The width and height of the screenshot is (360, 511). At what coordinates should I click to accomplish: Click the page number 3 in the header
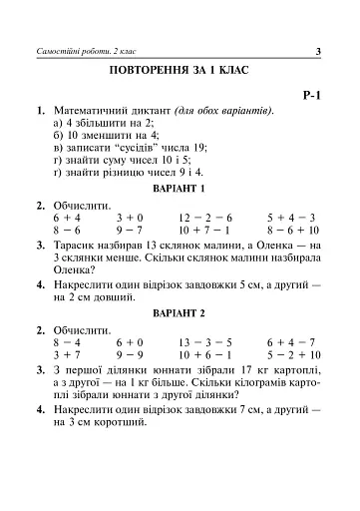coord(316,52)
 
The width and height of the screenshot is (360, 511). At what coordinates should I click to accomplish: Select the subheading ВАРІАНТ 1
coord(180,188)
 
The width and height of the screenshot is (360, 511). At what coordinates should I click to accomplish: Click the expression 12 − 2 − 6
coord(205,216)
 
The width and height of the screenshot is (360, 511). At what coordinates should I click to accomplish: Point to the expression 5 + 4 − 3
coord(291,216)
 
